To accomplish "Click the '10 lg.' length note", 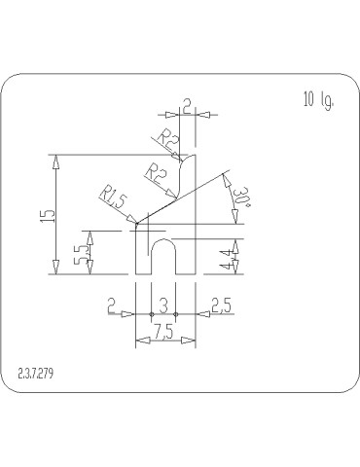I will [x=319, y=100].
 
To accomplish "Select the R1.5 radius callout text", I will [x=114, y=199].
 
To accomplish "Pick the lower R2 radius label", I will [x=155, y=171].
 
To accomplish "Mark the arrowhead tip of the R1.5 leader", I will [x=136, y=223].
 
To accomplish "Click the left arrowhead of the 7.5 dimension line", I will [x=137, y=339].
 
